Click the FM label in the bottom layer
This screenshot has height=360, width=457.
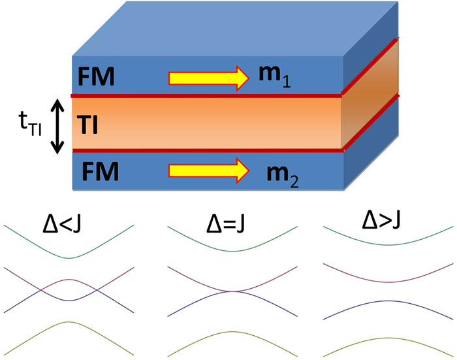(x=102, y=172)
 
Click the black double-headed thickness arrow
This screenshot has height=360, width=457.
(x=57, y=125)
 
